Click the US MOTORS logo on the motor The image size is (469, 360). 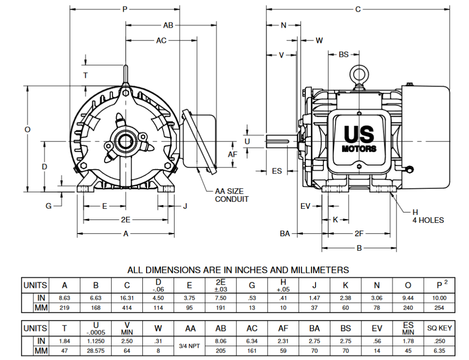[x=359, y=139]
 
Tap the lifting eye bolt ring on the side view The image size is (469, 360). [x=359, y=74]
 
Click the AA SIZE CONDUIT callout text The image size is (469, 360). [x=231, y=195]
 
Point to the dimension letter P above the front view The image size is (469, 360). [x=124, y=9]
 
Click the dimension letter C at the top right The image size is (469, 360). [x=357, y=9]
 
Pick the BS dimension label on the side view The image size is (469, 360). [x=343, y=55]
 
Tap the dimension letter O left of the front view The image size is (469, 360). [x=27, y=130]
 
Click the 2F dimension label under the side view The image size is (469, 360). [x=359, y=233]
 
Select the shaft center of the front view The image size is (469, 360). [x=126, y=141]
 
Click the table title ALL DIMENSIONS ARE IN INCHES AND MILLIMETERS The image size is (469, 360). [x=238, y=270]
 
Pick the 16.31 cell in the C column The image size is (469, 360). [x=127, y=298]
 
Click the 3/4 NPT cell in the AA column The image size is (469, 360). [x=190, y=347]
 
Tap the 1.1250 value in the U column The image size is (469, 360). [x=96, y=341]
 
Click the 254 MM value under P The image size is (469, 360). [x=439, y=307]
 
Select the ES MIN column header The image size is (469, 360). [x=408, y=328]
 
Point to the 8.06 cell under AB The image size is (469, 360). [x=221, y=341]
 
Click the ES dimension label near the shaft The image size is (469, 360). [x=277, y=171]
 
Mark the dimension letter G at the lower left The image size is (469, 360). [x=48, y=206]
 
